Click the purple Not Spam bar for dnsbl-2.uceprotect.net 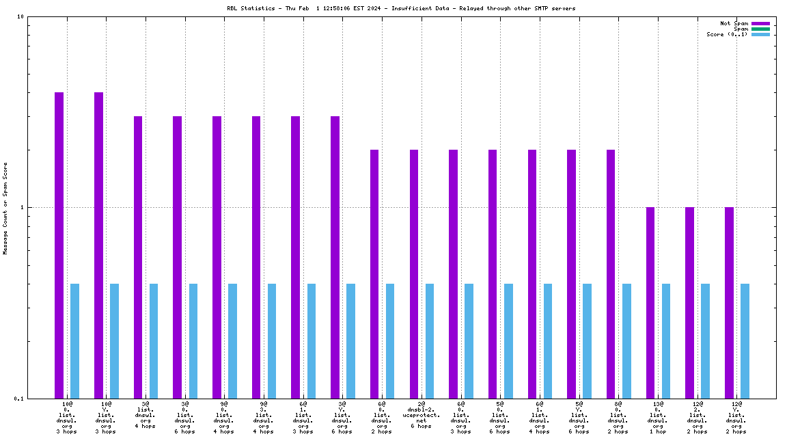tap(414, 273)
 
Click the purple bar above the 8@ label tap(611, 273)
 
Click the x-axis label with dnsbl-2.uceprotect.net tap(422, 415)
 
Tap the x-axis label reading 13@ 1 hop tap(658, 418)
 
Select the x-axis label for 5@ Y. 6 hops tap(579, 418)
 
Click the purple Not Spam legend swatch tap(760, 23)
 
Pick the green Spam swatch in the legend tap(760, 29)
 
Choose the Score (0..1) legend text tap(727, 34)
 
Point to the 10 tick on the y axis tap(21, 16)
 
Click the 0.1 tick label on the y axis tap(19, 399)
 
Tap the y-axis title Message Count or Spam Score tap(5, 208)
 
